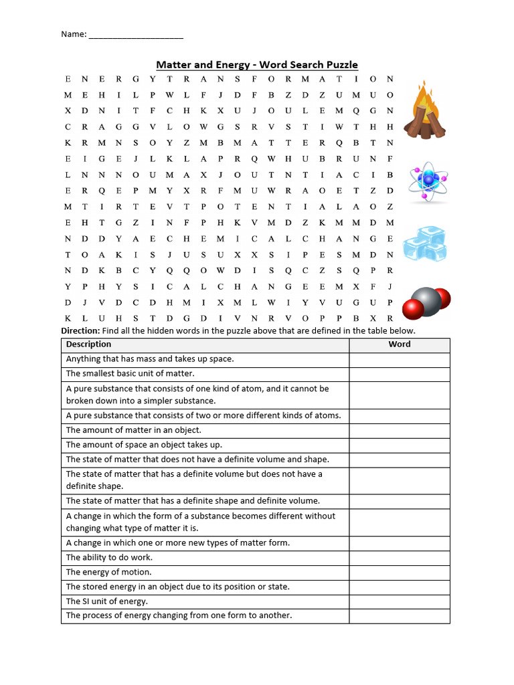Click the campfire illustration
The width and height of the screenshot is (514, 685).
423,111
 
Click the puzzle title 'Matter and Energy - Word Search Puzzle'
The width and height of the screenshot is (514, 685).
257,65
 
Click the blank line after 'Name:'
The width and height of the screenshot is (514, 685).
136,34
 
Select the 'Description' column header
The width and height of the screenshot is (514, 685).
88,345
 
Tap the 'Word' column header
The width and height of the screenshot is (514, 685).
400,345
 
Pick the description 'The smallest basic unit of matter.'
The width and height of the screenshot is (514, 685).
130,374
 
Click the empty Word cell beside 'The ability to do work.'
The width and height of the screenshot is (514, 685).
400,557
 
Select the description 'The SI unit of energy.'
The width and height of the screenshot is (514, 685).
106,601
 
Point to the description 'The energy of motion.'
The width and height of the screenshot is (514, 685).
108,572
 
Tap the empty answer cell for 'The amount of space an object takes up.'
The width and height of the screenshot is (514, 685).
400,445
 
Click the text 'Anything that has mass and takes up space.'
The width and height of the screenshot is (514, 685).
150,359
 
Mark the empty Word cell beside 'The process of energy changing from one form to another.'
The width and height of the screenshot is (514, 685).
400,615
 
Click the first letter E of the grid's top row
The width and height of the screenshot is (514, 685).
68,79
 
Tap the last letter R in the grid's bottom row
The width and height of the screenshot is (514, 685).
390,318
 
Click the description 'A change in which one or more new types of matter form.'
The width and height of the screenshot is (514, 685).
177,543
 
